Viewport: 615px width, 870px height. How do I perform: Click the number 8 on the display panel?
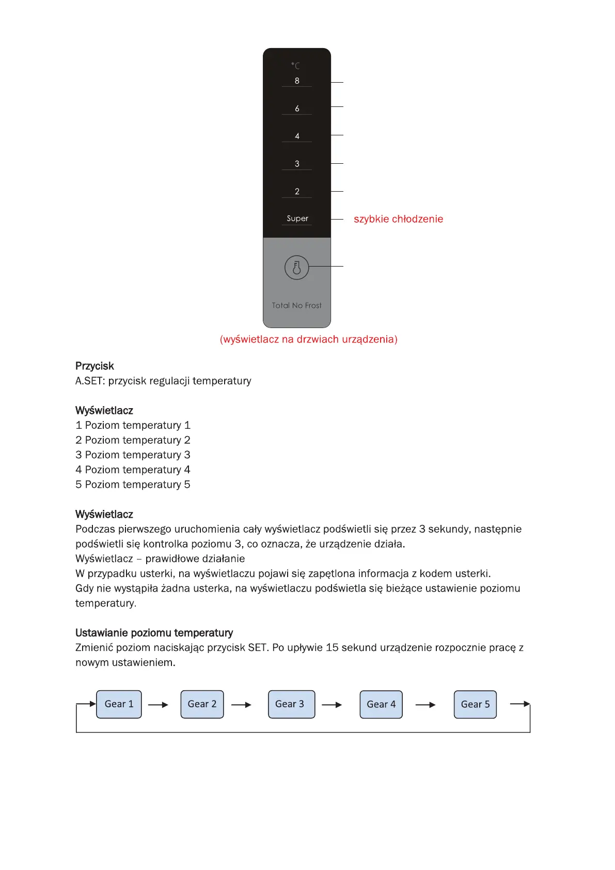click(x=297, y=81)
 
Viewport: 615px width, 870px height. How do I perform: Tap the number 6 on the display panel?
click(x=297, y=108)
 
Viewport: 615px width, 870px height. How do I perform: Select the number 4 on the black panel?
click(x=297, y=136)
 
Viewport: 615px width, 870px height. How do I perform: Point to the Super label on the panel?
click(x=297, y=219)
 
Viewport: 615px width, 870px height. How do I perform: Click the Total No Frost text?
click(x=296, y=305)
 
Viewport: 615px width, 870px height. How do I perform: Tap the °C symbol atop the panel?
click(x=295, y=66)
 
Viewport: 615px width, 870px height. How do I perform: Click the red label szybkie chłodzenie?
click(x=398, y=219)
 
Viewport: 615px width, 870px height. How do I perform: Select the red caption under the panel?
click(x=308, y=339)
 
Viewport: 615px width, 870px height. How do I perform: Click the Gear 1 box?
click(x=119, y=704)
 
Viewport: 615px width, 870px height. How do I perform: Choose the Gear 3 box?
click(x=291, y=704)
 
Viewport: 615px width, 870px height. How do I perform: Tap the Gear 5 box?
click(x=475, y=704)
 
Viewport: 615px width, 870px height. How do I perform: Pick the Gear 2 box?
click(x=202, y=704)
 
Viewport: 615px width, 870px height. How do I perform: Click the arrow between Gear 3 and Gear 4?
click(x=332, y=705)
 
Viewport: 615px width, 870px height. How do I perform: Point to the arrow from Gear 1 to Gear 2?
click(x=158, y=705)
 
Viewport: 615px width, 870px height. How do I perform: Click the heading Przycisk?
click(x=94, y=366)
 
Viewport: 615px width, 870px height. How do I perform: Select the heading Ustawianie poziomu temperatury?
click(x=154, y=633)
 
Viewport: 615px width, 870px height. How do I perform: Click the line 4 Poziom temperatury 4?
click(x=133, y=470)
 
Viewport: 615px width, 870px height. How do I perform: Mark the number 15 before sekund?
click(x=332, y=648)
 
